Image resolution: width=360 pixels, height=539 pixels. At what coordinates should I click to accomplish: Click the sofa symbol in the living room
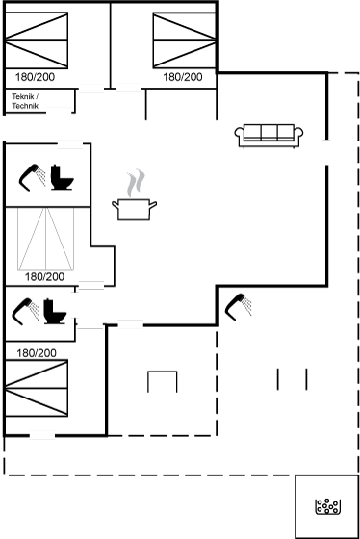click(x=269, y=136)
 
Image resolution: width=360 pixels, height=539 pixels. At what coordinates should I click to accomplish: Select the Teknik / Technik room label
click(x=25, y=101)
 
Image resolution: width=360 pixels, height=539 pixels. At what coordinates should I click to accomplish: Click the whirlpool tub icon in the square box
click(x=327, y=506)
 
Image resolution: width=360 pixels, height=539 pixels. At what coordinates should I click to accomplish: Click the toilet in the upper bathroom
click(x=62, y=177)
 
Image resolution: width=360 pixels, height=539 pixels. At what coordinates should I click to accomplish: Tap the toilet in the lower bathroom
click(x=55, y=312)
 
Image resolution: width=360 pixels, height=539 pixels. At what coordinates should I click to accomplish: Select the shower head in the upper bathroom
click(x=32, y=177)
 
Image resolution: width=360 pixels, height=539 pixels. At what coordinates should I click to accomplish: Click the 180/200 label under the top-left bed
click(x=35, y=77)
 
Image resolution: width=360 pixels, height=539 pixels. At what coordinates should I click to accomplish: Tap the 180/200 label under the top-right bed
click(x=183, y=77)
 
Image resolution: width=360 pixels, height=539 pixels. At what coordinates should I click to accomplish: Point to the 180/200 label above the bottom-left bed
click(x=37, y=353)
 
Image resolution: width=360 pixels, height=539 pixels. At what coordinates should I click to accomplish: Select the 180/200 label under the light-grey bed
click(x=44, y=277)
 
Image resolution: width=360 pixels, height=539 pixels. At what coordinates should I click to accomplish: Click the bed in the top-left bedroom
click(x=37, y=40)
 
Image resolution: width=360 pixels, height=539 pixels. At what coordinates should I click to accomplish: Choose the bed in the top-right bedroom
click(x=185, y=40)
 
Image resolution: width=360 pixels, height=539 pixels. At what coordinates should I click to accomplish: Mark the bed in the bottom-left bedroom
click(x=37, y=388)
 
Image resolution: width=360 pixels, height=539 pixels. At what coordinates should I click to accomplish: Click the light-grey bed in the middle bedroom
click(x=46, y=239)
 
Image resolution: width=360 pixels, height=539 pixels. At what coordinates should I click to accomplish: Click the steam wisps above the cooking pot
click(x=136, y=183)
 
